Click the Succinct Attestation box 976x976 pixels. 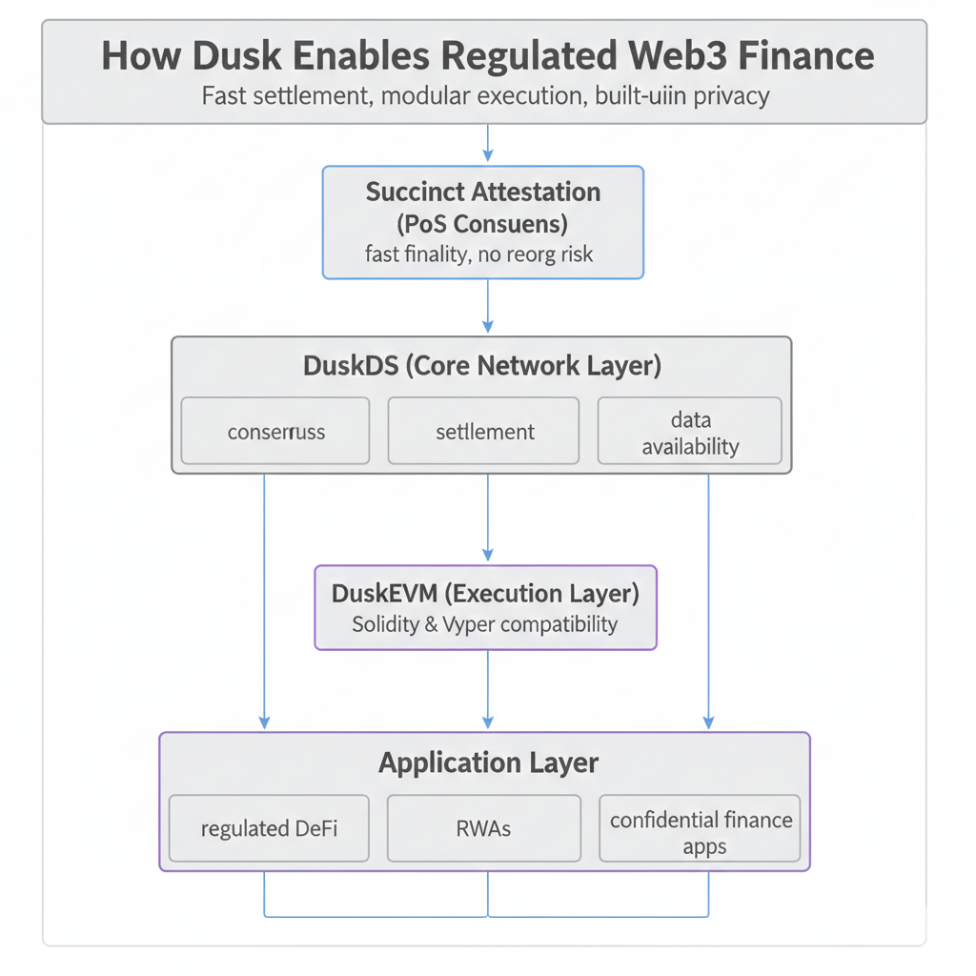(483, 222)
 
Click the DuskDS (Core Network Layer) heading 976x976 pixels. (482, 366)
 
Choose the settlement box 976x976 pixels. (484, 432)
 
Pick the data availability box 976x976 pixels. (690, 432)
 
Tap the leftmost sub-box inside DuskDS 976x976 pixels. (275, 432)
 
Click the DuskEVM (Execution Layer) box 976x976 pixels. (485, 607)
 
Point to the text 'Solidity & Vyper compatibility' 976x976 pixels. (485, 625)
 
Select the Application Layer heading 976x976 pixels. (488, 762)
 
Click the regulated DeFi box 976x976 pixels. (269, 828)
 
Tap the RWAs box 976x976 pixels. (484, 828)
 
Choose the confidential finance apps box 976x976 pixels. (701, 832)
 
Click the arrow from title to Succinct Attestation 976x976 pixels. (488, 144)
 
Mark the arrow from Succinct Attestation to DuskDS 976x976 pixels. (488, 306)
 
